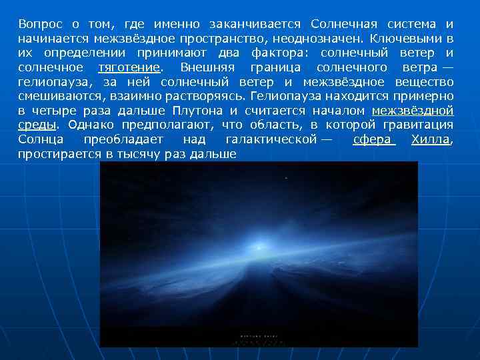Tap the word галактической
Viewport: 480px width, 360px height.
(269, 140)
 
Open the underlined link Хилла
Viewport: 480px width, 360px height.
(431, 140)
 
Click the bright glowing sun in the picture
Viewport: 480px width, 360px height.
(258, 247)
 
